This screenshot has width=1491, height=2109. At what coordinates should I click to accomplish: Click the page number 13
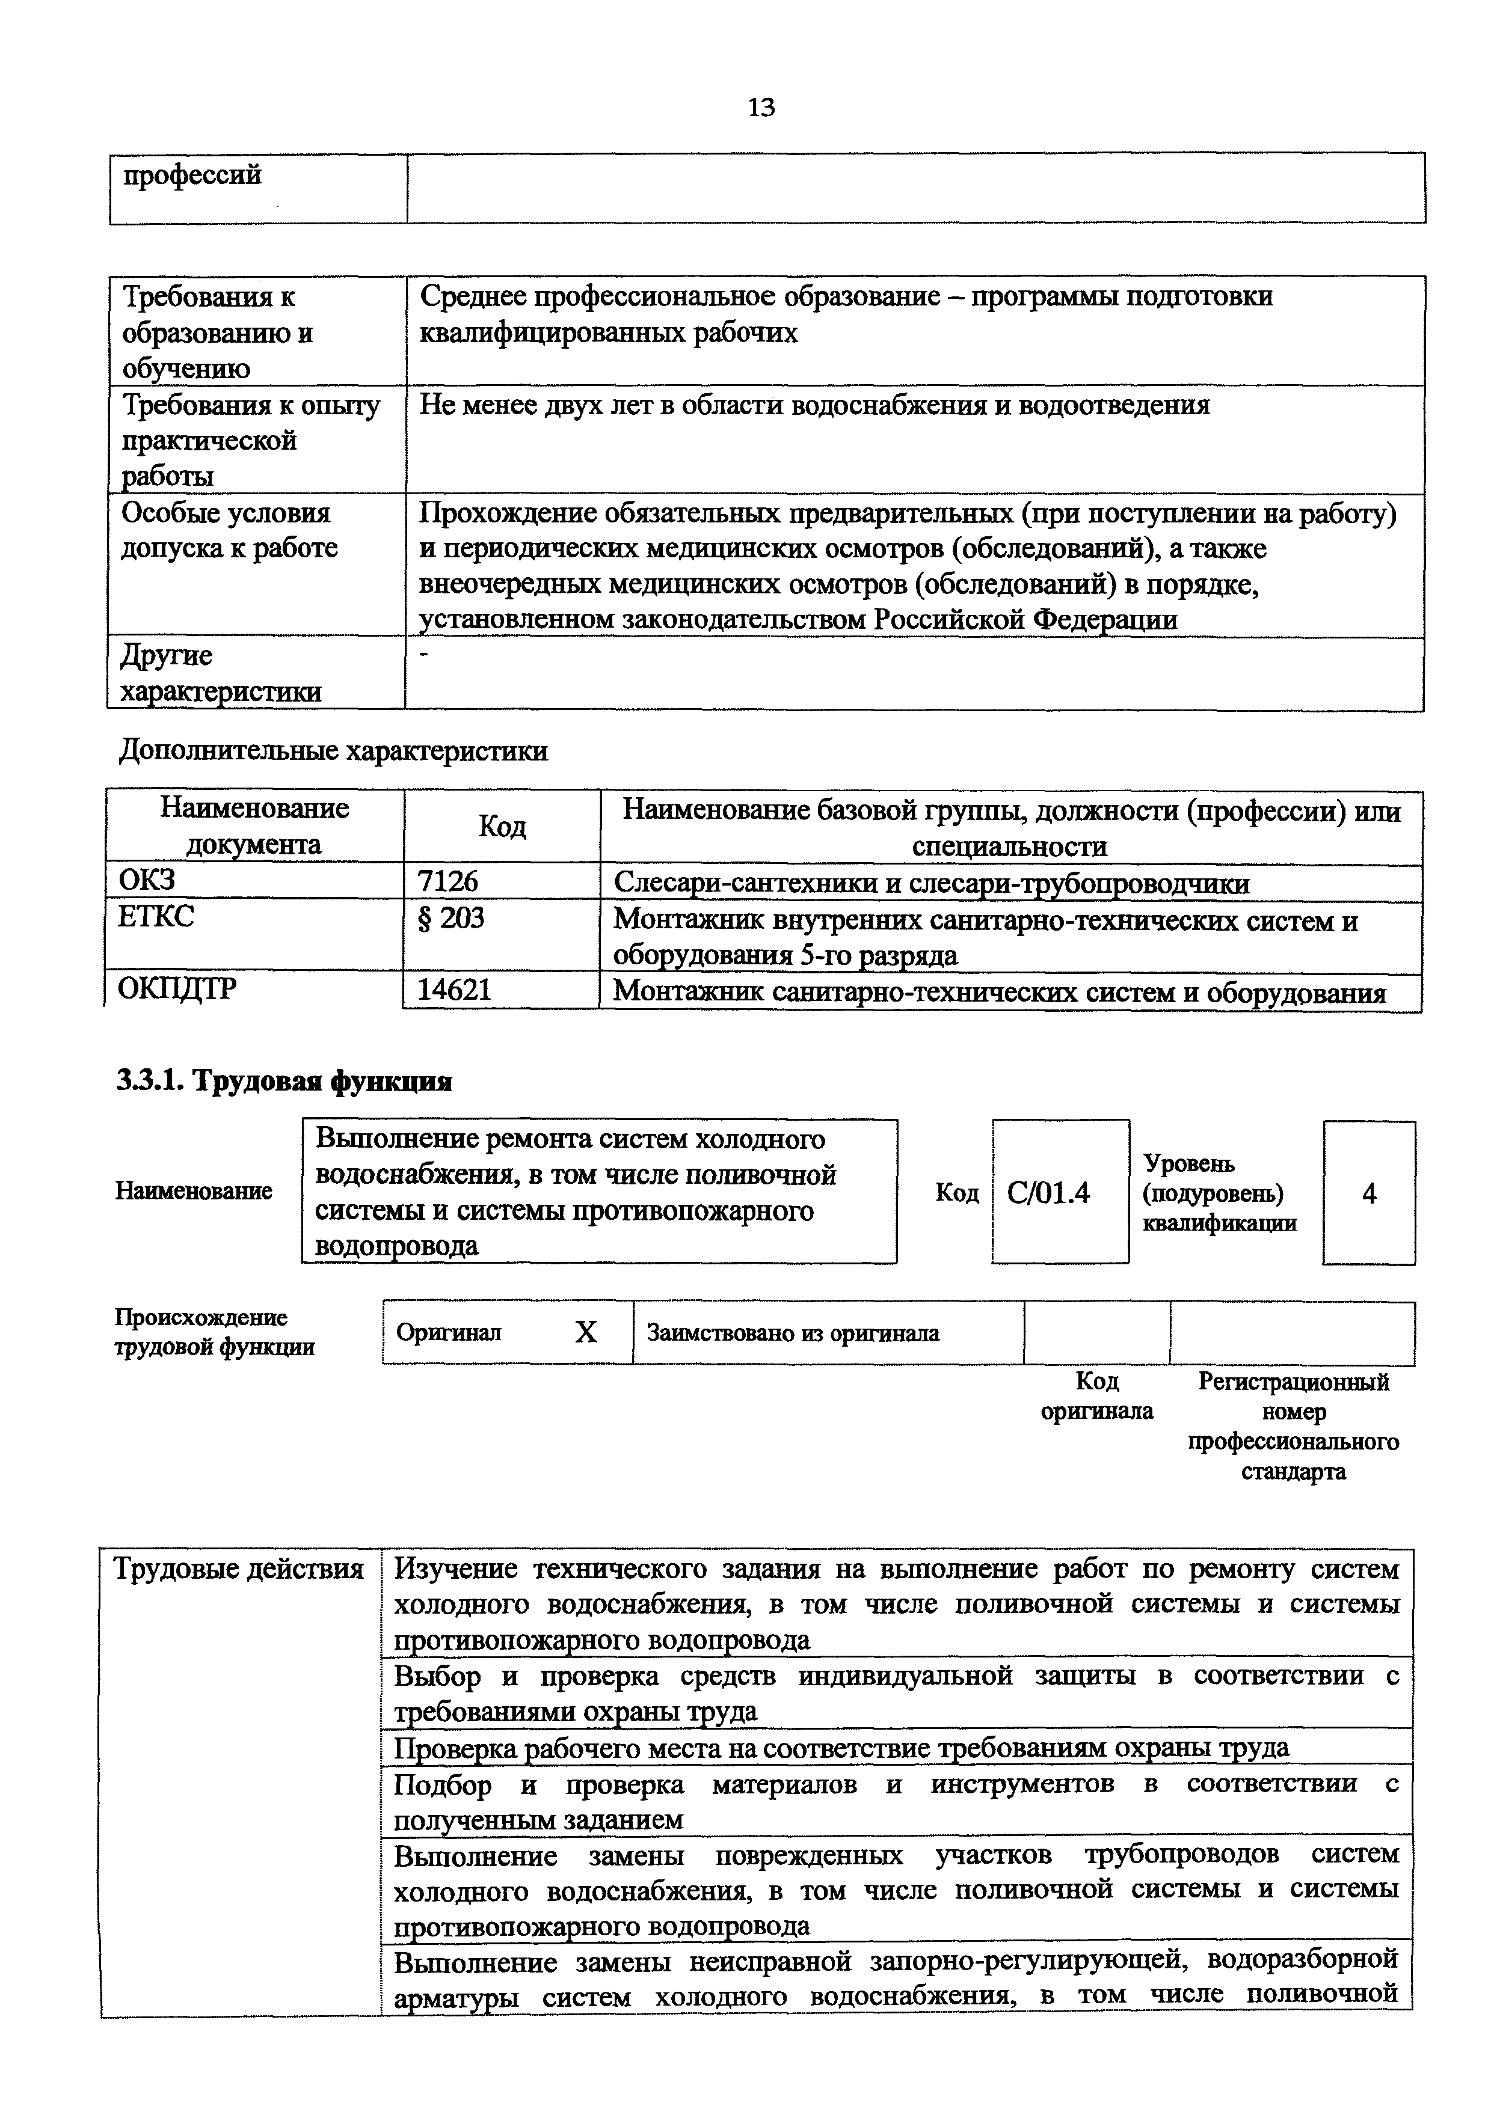click(761, 108)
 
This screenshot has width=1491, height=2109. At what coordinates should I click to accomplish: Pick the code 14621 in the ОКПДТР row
click(454, 990)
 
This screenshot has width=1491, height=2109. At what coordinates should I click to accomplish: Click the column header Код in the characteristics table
click(502, 827)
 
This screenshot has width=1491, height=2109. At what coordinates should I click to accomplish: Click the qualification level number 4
click(1369, 1193)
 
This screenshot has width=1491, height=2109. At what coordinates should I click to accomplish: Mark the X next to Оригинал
click(585, 1332)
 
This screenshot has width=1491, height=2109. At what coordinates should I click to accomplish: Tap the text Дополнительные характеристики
click(333, 751)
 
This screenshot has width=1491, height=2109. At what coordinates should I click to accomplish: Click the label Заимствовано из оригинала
click(793, 1333)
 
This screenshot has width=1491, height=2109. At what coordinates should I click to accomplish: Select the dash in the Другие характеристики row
click(423, 655)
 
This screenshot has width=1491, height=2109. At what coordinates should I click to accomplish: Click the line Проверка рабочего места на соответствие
click(841, 1746)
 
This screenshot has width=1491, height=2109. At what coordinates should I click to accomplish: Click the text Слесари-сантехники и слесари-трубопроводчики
click(930, 884)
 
